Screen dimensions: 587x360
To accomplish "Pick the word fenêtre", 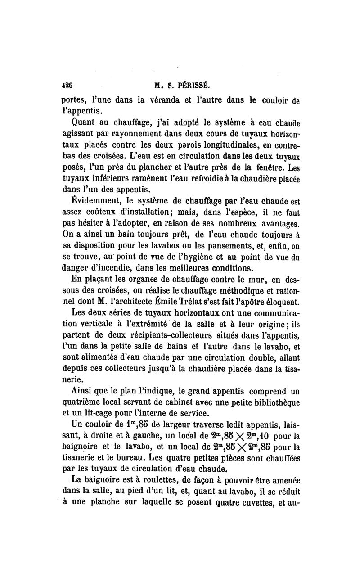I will click(x=265, y=169).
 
